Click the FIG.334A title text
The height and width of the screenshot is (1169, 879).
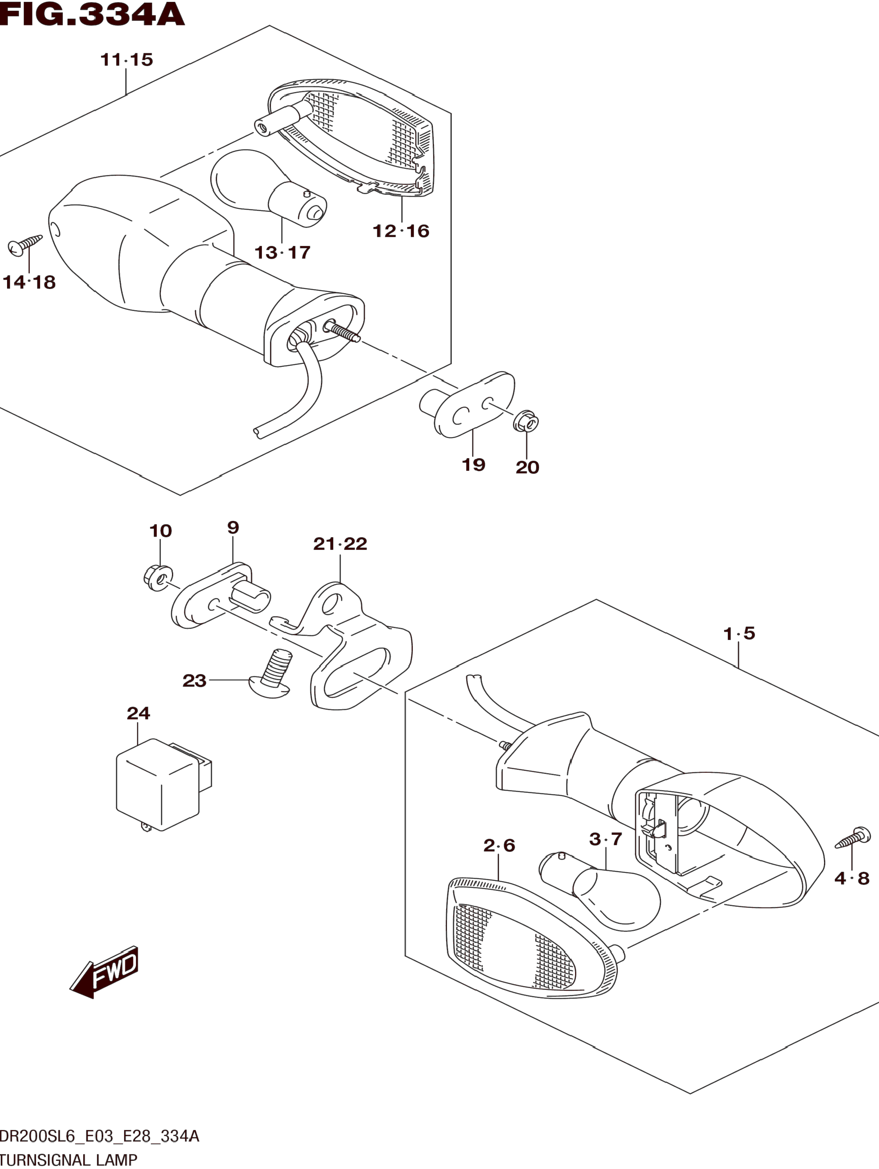93,14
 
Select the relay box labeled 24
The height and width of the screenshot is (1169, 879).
158,786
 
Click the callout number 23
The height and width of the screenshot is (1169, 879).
194,681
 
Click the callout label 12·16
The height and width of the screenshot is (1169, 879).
401,231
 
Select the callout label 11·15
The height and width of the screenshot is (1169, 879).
127,60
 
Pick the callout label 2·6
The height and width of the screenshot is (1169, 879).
499,846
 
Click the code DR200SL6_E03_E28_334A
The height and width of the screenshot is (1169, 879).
99,1136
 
